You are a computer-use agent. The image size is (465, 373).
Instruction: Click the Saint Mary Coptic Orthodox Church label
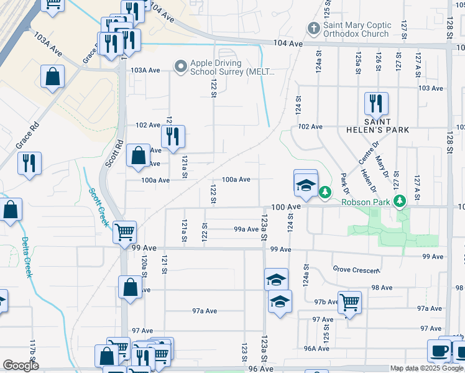(357, 29)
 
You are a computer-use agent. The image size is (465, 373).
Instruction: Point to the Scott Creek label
(99, 207)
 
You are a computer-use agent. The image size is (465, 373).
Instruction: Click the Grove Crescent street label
(356, 270)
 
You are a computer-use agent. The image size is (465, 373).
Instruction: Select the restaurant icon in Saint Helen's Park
(375, 103)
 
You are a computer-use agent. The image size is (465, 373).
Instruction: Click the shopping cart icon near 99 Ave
(124, 232)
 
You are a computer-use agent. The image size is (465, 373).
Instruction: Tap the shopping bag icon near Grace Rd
(53, 78)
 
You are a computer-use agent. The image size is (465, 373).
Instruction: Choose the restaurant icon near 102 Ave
(173, 137)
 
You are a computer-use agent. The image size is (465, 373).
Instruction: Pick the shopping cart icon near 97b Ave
(349, 303)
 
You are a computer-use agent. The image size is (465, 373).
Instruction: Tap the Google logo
(21, 366)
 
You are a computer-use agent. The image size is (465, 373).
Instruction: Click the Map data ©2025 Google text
(426, 369)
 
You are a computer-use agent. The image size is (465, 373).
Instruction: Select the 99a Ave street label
(246, 229)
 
